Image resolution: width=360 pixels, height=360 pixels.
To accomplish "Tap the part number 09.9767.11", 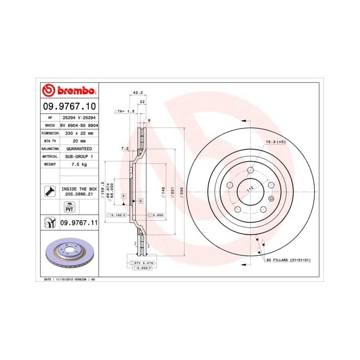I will pos(79,222).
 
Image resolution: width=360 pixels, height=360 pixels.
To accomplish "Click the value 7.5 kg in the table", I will pos(79,164).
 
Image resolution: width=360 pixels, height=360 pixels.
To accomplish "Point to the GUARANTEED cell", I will pos(79,148).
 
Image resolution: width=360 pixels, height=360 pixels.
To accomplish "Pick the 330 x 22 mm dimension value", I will pos(79,133).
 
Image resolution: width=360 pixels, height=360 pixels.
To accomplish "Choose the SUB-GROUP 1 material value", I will pos(79,156).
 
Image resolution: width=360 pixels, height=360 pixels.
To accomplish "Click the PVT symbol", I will pos(69,208).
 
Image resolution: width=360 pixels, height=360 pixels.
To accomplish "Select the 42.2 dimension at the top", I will pos(137,93).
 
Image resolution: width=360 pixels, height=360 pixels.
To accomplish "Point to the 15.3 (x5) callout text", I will pos(276,141).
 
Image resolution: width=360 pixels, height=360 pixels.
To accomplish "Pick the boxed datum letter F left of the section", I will pos(124,196).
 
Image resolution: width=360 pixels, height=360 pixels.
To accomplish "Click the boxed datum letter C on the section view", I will pos(140,200).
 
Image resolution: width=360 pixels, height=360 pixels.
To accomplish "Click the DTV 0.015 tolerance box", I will pos(140,262).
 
